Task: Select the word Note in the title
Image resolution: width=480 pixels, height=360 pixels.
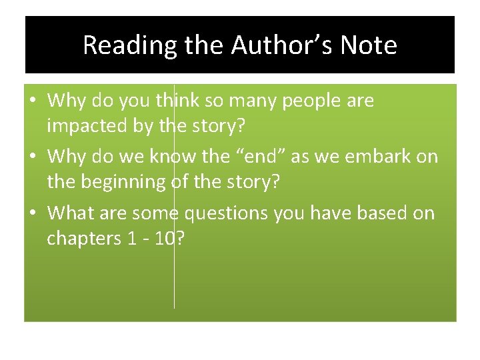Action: coord(368,45)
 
